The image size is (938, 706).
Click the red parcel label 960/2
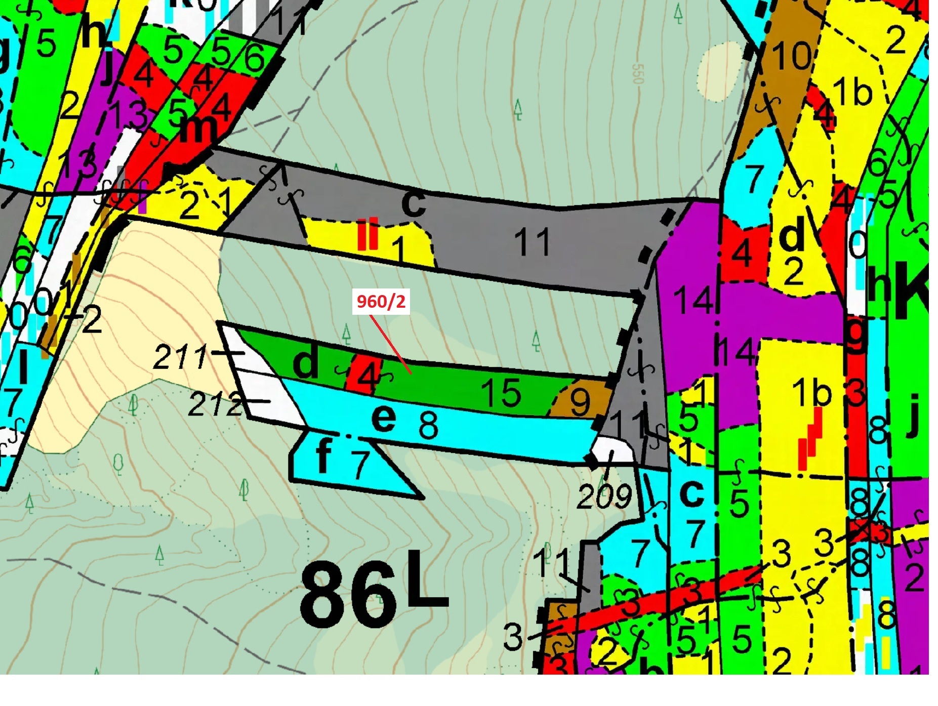click(381, 302)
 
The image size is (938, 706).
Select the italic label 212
click(215, 404)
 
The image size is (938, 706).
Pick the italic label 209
click(604, 497)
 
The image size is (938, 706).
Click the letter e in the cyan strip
click(383, 418)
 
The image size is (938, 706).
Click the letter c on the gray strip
click(413, 202)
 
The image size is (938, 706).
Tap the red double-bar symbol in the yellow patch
click(367, 234)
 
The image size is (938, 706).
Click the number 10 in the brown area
click(792, 55)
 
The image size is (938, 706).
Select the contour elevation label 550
click(637, 74)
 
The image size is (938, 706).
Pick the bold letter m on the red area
click(197, 129)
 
